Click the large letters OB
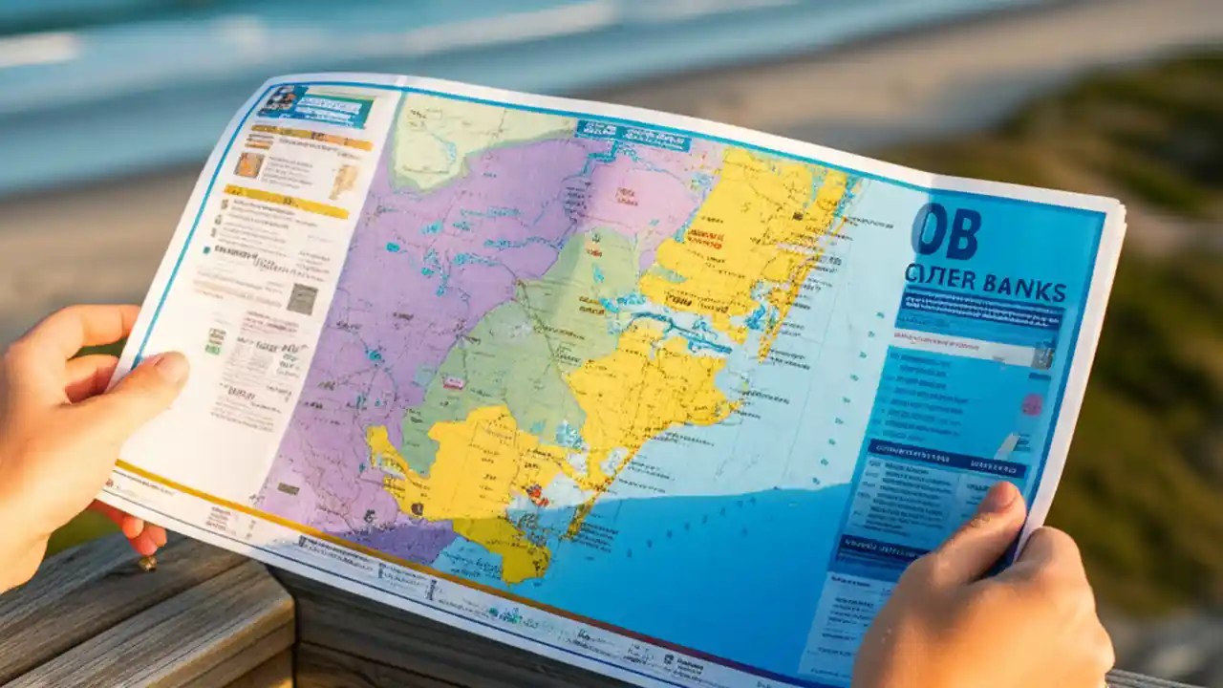(946, 231)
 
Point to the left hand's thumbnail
(171, 369)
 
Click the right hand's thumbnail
(999, 498)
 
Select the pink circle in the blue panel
(1033, 404)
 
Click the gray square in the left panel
(302, 299)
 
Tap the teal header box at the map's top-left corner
(314, 105)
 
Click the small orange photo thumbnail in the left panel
(250, 164)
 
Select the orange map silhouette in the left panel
(343, 181)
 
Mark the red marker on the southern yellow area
(536, 494)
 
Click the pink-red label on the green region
(455, 382)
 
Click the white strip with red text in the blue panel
(965, 351)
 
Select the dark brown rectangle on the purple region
(288, 488)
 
